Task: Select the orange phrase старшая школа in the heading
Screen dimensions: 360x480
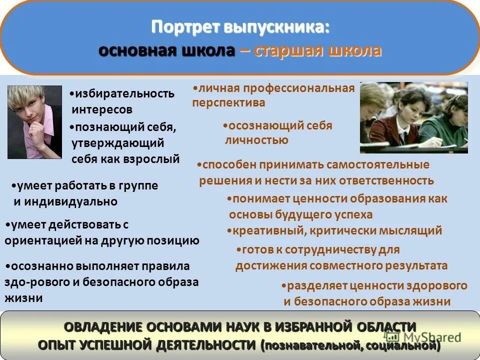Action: [x=318, y=51]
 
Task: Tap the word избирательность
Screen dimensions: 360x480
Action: [x=124, y=93]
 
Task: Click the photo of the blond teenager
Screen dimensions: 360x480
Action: [x=34, y=122]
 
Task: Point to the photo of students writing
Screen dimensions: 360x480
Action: [x=413, y=117]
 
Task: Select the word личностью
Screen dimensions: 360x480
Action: [x=257, y=140]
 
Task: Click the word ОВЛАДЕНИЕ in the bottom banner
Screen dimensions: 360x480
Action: [x=103, y=327]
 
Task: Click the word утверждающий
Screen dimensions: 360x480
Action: [x=117, y=143]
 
